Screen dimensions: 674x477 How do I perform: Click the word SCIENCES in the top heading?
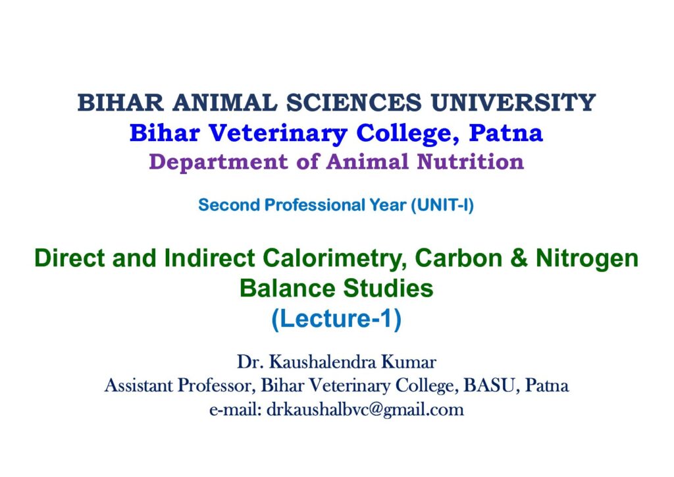click(354, 103)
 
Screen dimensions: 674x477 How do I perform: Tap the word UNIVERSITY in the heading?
click(513, 103)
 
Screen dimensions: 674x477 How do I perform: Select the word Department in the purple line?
click(218, 162)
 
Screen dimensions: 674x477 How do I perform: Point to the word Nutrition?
click(470, 161)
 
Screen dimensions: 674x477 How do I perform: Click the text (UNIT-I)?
click(442, 205)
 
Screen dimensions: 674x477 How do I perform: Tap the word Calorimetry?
click(334, 259)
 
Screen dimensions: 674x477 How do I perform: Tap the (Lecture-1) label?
click(336, 319)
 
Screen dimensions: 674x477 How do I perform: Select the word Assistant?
click(138, 385)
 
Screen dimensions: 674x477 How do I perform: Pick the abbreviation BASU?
click(489, 385)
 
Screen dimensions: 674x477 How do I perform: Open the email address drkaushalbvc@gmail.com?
click(365, 410)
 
